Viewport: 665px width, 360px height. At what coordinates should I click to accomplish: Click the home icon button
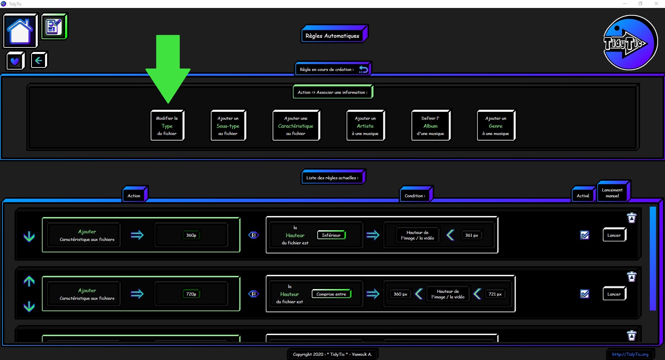[20, 30]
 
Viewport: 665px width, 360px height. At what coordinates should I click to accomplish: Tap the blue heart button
[15, 61]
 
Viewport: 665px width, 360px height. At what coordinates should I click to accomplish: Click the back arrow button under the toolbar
[38, 60]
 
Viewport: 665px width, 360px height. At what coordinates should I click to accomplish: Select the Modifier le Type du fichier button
[167, 125]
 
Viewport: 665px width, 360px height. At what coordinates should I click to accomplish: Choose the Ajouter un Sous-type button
[228, 125]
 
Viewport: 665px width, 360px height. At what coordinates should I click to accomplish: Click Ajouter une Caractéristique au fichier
[296, 125]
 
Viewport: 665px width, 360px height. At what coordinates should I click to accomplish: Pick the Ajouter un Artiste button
[365, 125]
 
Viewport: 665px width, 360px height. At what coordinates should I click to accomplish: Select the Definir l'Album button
[431, 125]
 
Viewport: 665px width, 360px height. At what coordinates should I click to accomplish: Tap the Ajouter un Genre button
[496, 125]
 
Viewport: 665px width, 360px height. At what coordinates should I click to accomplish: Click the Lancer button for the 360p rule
[614, 235]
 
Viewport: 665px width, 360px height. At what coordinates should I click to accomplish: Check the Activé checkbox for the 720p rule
[585, 294]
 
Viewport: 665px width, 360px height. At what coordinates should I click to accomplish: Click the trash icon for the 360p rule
[632, 218]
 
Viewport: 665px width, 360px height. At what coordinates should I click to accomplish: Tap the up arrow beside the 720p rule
[29, 281]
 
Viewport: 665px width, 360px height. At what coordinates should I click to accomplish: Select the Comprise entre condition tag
[331, 294]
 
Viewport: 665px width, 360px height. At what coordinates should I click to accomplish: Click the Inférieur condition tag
[331, 235]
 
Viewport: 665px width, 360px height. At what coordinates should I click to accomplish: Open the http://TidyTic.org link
[630, 354]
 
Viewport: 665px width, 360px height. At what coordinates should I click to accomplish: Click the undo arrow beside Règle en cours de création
[363, 69]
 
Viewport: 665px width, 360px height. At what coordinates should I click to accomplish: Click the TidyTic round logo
[630, 43]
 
